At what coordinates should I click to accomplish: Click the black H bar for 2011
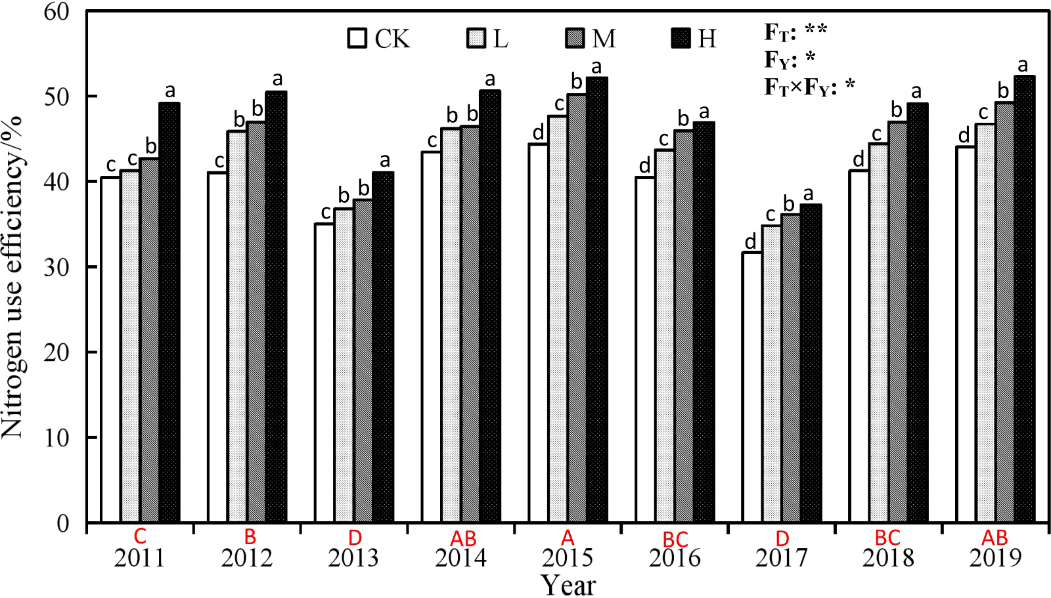pos(169,312)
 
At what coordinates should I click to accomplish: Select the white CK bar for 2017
pos(752,387)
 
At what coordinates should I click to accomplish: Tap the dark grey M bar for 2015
pos(577,309)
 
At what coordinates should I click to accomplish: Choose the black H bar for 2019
pos(1024,299)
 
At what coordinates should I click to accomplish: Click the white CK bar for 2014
pos(431,337)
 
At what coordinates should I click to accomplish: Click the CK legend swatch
pos(357,38)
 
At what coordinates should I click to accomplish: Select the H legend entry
pos(694,39)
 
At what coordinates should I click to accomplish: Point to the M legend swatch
pos(575,38)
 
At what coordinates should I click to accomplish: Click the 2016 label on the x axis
pos(675,558)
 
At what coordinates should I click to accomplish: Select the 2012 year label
pos(246,558)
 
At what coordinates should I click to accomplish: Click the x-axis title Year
pos(568,585)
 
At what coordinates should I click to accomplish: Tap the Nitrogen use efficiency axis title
pos(13,276)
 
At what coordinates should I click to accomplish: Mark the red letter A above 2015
pos(568,538)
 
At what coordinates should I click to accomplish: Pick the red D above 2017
pos(782,538)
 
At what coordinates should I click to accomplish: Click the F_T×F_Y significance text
pos(809,86)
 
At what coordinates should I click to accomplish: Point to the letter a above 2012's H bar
pos(277,79)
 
